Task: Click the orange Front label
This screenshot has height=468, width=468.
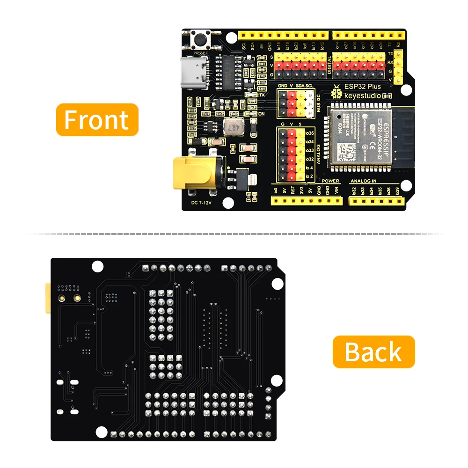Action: pos(97,120)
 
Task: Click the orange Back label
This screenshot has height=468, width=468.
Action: pos(373,352)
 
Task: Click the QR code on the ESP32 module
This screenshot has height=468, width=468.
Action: pos(347,151)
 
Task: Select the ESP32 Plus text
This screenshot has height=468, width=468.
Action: pos(363,87)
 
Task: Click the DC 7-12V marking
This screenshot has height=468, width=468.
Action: pos(202,203)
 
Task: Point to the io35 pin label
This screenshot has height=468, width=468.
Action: pos(308,133)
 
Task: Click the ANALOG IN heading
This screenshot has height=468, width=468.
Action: pos(363,181)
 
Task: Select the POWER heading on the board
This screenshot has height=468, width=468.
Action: pos(330,181)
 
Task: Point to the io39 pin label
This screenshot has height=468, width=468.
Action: pos(397,190)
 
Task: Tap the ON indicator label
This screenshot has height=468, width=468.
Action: pos(262,114)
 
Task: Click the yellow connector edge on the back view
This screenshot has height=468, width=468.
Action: pos(47,298)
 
